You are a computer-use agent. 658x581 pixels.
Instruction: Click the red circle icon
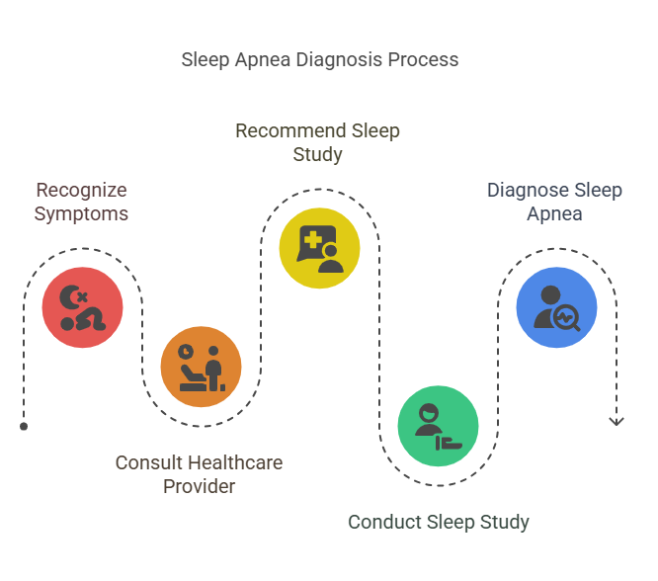tap(82, 307)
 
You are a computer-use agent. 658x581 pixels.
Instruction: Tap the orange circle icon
tap(201, 367)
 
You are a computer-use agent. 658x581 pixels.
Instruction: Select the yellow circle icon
tap(319, 248)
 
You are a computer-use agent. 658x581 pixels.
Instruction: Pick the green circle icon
tap(438, 426)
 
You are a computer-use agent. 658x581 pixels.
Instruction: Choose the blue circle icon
tap(556, 307)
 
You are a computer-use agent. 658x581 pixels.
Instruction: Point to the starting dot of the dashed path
tap(24, 426)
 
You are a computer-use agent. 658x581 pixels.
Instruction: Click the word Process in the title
tap(423, 59)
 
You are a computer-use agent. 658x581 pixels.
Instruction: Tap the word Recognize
tap(81, 190)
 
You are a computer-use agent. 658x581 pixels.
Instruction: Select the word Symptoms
tap(81, 212)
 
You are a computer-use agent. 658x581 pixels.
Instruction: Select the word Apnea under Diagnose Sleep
tap(554, 212)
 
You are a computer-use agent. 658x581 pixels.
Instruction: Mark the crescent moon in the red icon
tap(69, 297)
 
